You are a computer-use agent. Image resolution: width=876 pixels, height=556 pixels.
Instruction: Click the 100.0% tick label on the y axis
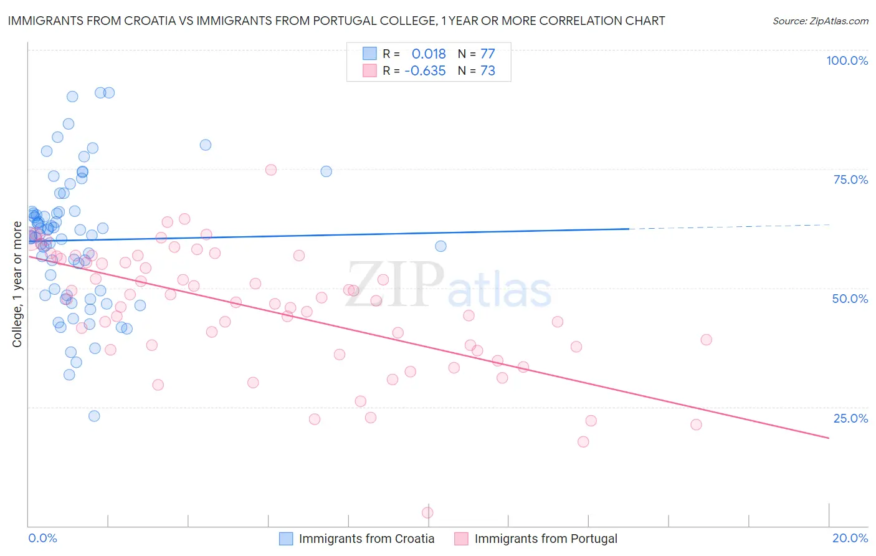(847, 60)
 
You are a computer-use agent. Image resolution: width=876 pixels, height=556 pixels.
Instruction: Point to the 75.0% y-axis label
(850, 180)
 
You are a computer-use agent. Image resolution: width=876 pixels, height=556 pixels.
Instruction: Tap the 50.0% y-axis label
(850, 299)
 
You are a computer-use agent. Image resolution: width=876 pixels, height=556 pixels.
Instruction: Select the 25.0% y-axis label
(850, 418)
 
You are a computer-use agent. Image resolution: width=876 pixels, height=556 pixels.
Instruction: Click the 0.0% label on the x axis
(42, 538)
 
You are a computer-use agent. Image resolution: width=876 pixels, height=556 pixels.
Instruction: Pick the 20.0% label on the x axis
(850, 538)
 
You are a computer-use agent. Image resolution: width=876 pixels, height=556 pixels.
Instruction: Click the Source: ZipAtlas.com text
(820, 21)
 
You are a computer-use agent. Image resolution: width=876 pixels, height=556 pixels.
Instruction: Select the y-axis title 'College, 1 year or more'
(17, 284)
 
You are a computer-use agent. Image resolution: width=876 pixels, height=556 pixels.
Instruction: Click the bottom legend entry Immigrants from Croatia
(366, 539)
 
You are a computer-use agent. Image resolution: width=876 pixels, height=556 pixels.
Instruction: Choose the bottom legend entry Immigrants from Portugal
(545, 539)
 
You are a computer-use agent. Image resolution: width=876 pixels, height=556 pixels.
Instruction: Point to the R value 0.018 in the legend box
(429, 54)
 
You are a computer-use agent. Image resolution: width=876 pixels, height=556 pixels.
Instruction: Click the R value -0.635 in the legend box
(425, 70)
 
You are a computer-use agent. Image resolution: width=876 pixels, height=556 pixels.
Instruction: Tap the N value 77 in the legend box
(487, 54)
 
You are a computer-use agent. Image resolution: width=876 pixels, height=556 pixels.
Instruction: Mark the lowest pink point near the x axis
(427, 512)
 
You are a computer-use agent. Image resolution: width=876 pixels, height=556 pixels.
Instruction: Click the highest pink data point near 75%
(270, 170)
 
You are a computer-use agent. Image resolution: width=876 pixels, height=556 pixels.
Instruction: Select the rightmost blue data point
(440, 246)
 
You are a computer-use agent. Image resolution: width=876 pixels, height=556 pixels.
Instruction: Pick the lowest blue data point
(94, 416)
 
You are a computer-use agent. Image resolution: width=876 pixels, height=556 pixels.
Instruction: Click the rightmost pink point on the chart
(706, 340)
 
